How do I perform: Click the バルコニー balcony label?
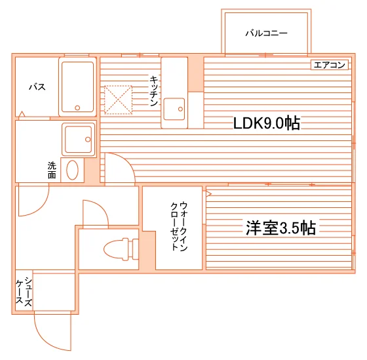[266, 33]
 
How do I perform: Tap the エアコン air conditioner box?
[330, 65]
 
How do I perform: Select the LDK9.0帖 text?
[267, 123]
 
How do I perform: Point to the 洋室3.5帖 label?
[280, 228]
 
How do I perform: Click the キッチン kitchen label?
[154, 91]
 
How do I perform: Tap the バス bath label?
[37, 87]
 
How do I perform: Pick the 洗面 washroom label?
[52, 170]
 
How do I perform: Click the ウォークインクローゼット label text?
[179, 226]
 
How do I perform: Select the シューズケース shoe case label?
[24, 291]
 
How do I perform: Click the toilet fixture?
[121, 249]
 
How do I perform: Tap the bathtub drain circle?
[77, 108]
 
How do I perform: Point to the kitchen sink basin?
[174, 109]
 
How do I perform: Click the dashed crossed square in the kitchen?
[118, 100]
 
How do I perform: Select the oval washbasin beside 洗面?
[72, 170]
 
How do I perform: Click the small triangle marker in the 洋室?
[208, 193]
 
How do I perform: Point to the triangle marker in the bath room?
[22, 114]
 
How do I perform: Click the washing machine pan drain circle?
[88, 140]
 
